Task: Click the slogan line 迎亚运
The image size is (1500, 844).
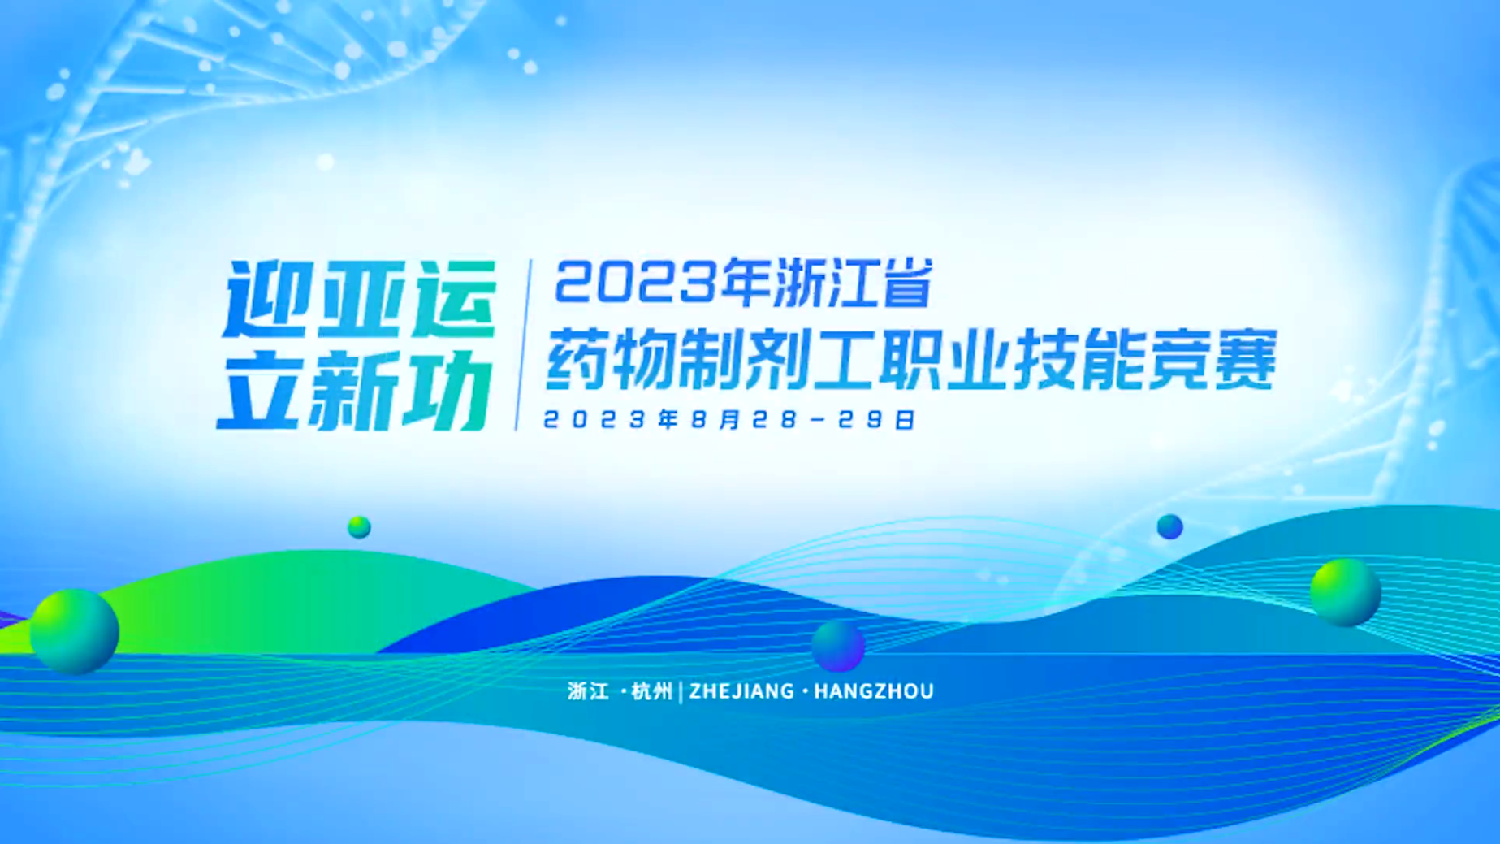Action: tap(360, 299)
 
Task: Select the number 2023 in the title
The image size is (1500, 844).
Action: tap(638, 283)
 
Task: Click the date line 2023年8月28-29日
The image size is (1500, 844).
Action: tap(729, 419)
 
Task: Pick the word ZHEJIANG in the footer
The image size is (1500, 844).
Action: tap(741, 691)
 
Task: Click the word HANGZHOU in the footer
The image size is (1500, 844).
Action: tap(874, 691)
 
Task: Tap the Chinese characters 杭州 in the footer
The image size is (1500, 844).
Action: tap(652, 691)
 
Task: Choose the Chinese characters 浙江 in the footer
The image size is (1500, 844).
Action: tap(588, 691)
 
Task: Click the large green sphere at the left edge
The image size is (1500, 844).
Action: tap(75, 631)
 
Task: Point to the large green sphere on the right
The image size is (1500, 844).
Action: tap(1346, 591)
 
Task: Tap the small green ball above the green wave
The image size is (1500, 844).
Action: tap(359, 527)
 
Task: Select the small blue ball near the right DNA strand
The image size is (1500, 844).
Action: tap(1169, 526)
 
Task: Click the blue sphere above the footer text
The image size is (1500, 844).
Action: tap(838, 646)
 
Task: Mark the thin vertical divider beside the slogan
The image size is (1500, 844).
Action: tap(523, 345)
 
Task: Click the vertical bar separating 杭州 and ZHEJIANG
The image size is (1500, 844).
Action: tap(681, 691)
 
